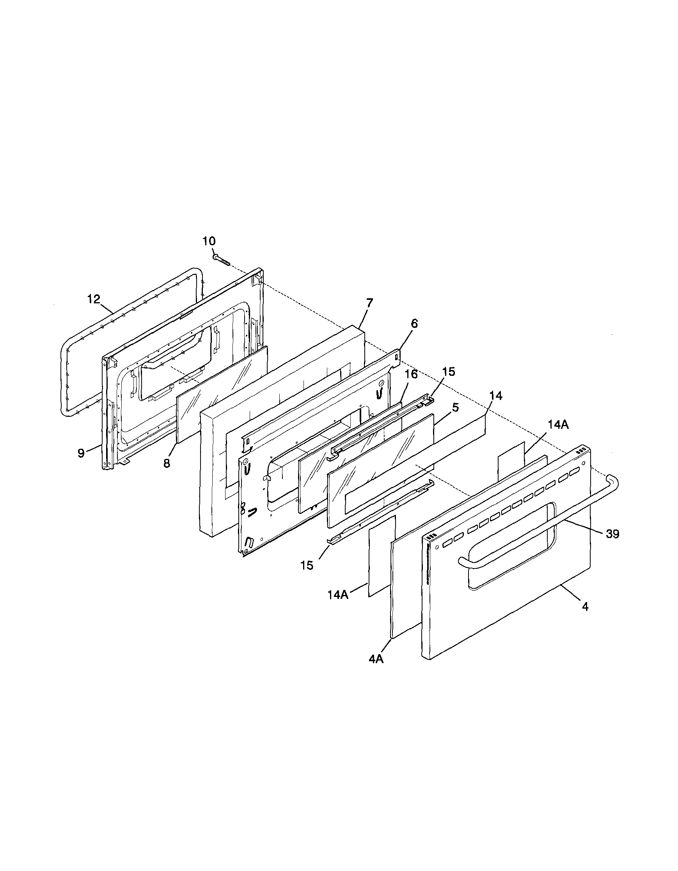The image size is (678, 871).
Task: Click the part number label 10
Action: [x=209, y=241]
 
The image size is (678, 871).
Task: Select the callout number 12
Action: [x=94, y=299]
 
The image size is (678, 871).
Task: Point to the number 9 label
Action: [x=81, y=453]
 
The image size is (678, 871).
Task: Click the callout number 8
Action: [x=167, y=464]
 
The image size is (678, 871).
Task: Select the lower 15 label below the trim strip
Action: [x=307, y=565]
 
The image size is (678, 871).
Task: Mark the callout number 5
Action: [x=455, y=407]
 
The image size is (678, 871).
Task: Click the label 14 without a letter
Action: [x=496, y=396]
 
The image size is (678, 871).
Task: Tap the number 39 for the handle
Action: [x=612, y=534]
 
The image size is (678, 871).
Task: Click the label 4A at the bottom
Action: [x=376, y=659]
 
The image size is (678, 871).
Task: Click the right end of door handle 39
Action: [x=613, y=480]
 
